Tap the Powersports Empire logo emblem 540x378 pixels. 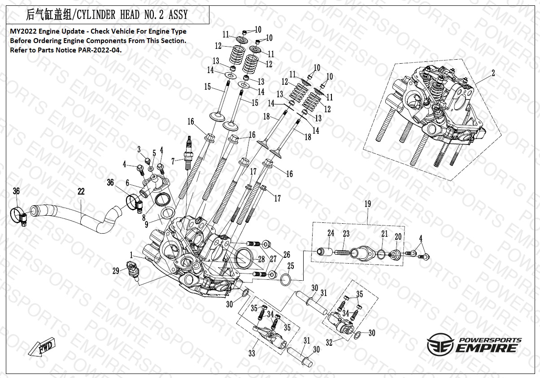[x=440, y=345]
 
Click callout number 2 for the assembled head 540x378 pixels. [x=493, y=74]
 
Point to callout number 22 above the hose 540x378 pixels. [x=81, y=191]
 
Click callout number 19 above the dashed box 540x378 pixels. [x=367, y=204]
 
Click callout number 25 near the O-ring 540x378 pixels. [x=291, y=266]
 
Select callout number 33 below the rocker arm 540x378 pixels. [x=252, y=354]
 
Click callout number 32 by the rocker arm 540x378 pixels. [x=329, y=343]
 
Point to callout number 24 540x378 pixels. [x=331, y=233]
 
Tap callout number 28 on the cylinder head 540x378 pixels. [x=261, y=260]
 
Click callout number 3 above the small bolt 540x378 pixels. [x=139, y=149]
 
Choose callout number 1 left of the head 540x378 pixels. [x=131, y=255]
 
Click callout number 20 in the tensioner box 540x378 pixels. [x=398, y=236]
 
